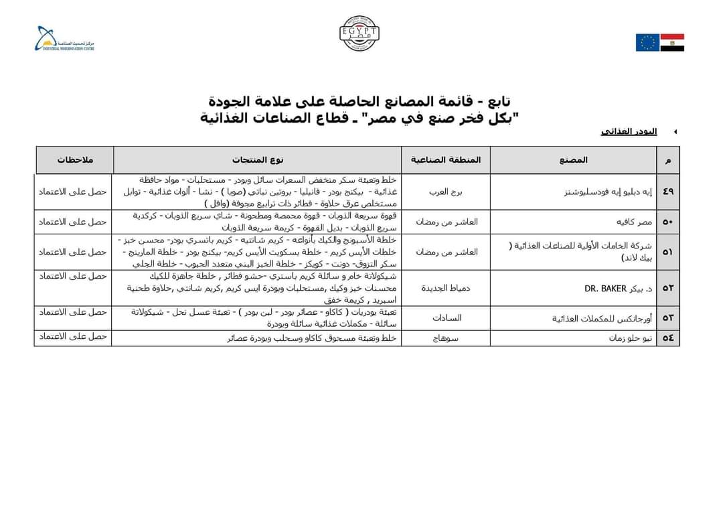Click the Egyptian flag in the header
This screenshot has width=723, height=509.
672,42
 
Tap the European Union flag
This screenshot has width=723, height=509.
647,42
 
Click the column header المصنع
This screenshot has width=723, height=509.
574,160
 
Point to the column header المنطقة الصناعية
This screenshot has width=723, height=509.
446,160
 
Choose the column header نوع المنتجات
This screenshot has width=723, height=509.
258,160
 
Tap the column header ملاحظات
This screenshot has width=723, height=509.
74,160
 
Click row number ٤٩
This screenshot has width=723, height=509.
668,192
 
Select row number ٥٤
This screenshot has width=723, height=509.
668,338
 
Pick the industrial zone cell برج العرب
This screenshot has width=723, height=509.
446,192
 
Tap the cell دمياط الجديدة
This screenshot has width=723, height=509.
446,289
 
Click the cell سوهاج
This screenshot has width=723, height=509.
446,338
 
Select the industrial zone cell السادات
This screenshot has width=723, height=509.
446,318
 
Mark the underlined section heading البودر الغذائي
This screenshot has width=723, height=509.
629,131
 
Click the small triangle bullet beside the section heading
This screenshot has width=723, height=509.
675,132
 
